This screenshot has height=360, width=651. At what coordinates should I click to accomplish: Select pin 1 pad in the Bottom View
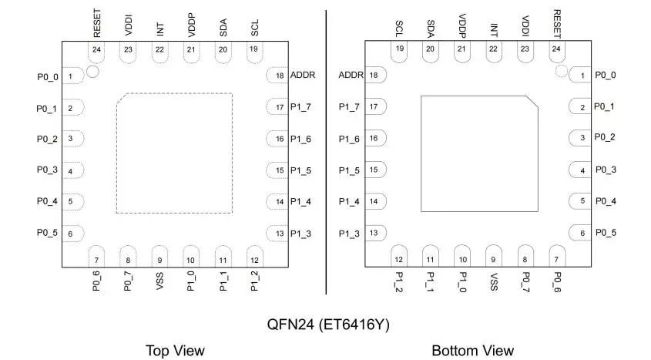click(x=580, y=76)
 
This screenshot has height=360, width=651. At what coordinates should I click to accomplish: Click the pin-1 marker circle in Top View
click(x=92, y=72)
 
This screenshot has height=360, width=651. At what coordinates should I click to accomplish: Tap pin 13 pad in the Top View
click(x=277, y=233)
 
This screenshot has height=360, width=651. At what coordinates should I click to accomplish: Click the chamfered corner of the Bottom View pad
click(x=532, y=101)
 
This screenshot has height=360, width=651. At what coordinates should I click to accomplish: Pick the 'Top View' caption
click(x=175, y=351)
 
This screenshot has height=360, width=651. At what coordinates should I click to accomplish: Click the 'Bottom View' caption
click(x=472, y=351)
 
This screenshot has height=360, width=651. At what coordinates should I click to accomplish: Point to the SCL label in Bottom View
click(x=399, y=29)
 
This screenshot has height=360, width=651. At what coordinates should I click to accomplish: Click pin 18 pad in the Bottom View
click(x=376, y=76)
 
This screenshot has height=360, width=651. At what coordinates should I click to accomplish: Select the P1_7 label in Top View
click(x=300, y=107)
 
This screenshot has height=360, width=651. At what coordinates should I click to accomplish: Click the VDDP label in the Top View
click(x=190, y=25)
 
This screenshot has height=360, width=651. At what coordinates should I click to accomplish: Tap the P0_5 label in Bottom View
click(x=606, y=232)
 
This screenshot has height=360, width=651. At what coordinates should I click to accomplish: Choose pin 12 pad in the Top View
click(x=254, y=257)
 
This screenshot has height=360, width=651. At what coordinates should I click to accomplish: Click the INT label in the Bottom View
click(x=494, y=30)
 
